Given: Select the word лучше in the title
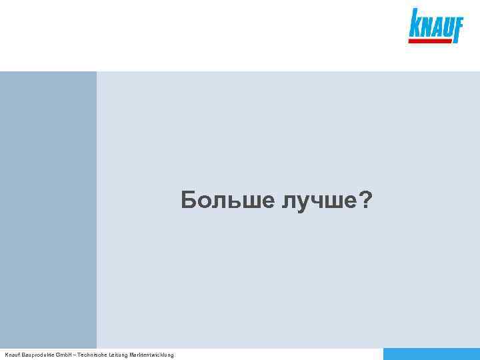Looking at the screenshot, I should pos(318,200).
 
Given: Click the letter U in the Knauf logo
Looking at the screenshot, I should pos(447,29).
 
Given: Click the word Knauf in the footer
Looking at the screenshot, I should pos(12,355).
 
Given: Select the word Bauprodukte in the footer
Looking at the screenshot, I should pos(37,355).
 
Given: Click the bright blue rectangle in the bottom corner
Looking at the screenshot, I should pos(431,354).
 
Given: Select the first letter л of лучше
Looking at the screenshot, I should pos(286,201).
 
